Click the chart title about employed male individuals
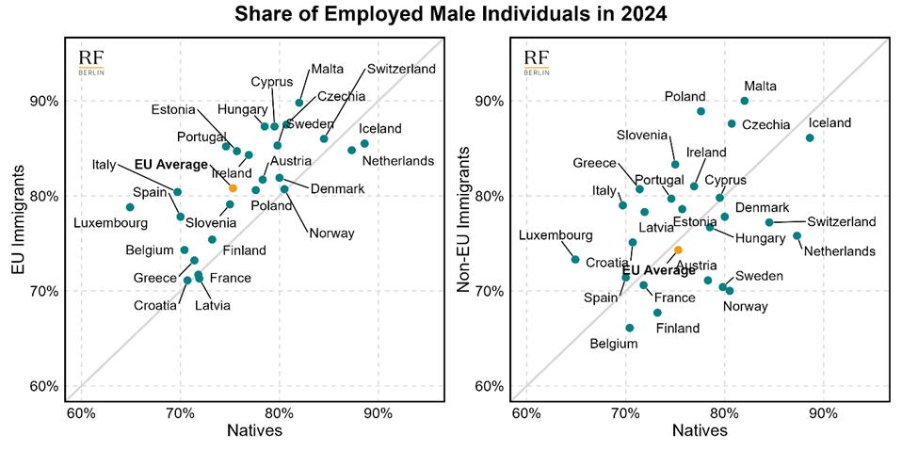pos(451,14)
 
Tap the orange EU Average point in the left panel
pos(233,188)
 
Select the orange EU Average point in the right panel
pos(678,250)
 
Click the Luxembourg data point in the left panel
pos(130,207)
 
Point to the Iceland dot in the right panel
pos(810,137)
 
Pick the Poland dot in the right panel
pos(701,111)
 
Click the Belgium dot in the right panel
pos(630,328)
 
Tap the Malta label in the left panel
pos(328,69)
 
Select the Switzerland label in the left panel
pos(401,69)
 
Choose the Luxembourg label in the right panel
pos(556,234)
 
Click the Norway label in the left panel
pos(331,234)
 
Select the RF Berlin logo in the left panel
pos(91,62)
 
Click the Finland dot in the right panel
pos(657,313)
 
